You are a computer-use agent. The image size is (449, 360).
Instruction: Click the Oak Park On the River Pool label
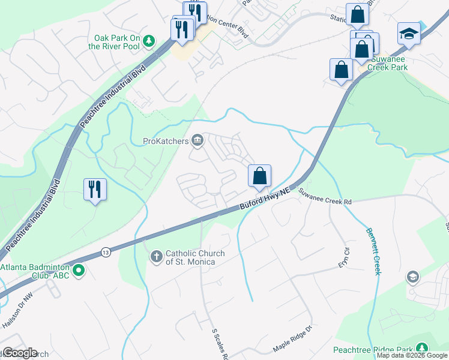click(114, 41)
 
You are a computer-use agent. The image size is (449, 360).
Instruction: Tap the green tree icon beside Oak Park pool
click(149, 41)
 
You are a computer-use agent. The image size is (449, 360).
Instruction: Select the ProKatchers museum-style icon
click(197, 142)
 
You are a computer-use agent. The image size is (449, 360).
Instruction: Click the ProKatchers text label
click(166, 142)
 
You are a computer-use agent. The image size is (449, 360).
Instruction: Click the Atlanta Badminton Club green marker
click(78, 272)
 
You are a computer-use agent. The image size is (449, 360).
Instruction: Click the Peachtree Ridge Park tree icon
click(423, 349)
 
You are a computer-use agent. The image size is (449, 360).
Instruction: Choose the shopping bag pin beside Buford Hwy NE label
click(259, 176)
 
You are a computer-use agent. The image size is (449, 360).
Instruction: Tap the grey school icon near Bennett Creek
click(412, 277)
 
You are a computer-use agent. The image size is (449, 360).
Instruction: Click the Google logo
click(19, 353)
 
